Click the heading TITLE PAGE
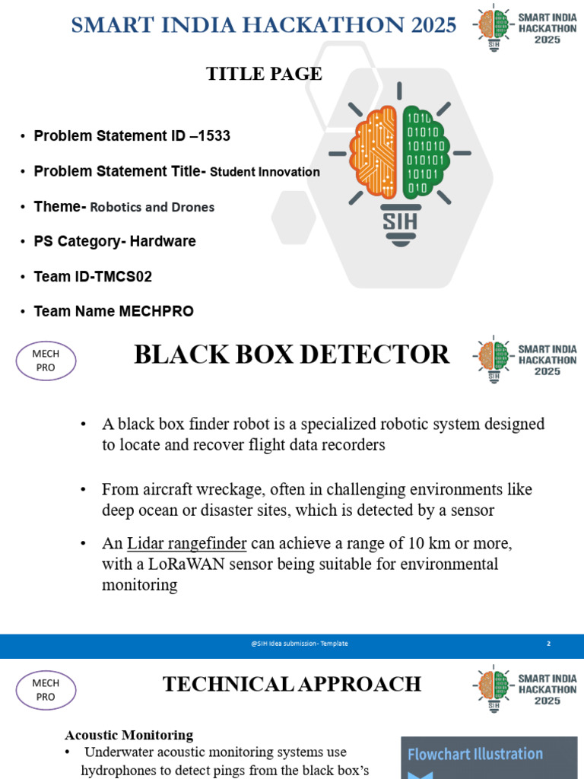click(264, 74)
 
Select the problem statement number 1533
click(215, 136)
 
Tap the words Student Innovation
click(265, 172)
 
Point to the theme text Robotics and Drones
click(152, 207)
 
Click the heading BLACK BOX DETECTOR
click(292, 355)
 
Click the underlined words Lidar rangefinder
click(186, 544)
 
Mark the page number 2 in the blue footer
click(548, 644)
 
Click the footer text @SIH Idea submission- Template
click(299, 644)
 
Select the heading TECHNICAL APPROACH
click(292, 684)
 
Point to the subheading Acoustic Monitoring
click(129, 735)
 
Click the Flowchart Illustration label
click(475, 754)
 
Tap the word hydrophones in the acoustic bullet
click(116, 771)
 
